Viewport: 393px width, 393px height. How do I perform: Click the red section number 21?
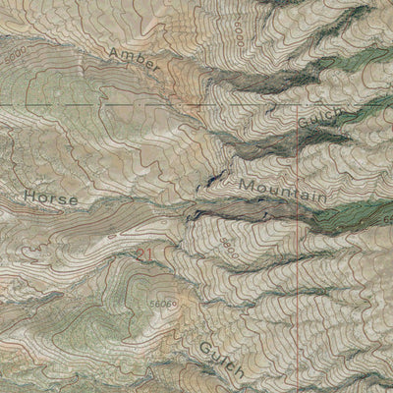[147, 255]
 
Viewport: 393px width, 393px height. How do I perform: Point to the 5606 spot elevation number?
[161, 306]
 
